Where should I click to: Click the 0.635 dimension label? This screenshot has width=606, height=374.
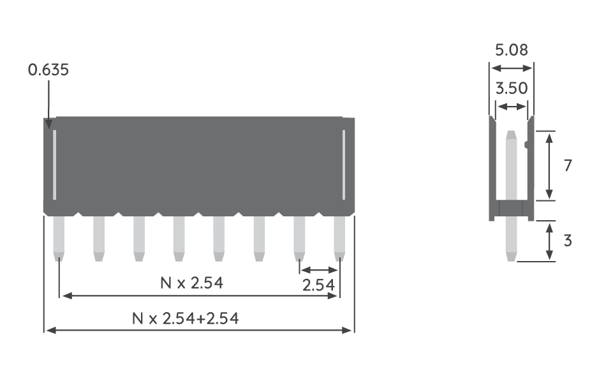pos(48,70)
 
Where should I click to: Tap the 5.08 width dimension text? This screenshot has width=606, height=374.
pos(511,50)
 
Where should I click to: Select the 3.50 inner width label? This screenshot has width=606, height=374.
pos(511,88)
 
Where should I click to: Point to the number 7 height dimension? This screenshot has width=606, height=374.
pos(568,165)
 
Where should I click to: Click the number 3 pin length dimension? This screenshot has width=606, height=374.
pos(568,241)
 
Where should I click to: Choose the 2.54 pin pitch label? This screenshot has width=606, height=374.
pos(318,285)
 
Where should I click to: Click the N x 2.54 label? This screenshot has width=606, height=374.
pos(191,283)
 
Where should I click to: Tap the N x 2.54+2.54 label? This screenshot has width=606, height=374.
pos(185,318)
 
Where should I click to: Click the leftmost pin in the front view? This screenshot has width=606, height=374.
pos(59,237)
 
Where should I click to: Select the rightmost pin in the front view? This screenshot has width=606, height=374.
pos(339,237)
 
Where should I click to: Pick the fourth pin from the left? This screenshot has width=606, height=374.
pos(179,237)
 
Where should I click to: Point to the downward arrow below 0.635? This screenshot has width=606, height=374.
pos(48,102)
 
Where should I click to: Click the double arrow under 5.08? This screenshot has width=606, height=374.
pos(511,68)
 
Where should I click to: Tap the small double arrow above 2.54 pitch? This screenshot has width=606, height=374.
pos(318,270)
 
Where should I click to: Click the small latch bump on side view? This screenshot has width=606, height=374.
pos(527,146)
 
